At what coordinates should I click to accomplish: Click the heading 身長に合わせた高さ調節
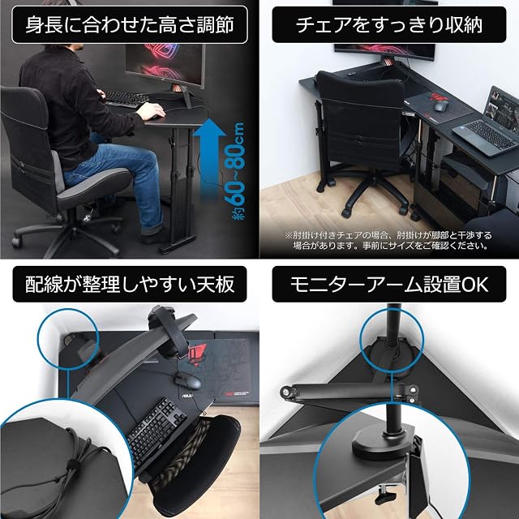pos(130,25)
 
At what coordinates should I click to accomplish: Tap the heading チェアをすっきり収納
pos(389,25)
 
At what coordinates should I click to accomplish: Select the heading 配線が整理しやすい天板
pos(130,284)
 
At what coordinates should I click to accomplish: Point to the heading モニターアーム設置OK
pos(389,285)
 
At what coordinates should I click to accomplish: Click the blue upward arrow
pos(209,159)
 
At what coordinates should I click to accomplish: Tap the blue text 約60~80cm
pos(235,171)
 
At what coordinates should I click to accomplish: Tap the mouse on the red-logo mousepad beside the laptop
pos(441,106)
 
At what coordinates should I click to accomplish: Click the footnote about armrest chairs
pos(389,240)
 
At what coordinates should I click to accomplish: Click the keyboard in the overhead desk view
pos(157,427)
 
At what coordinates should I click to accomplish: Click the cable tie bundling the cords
pos(71,463)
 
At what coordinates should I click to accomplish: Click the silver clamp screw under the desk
pos(388,495)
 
